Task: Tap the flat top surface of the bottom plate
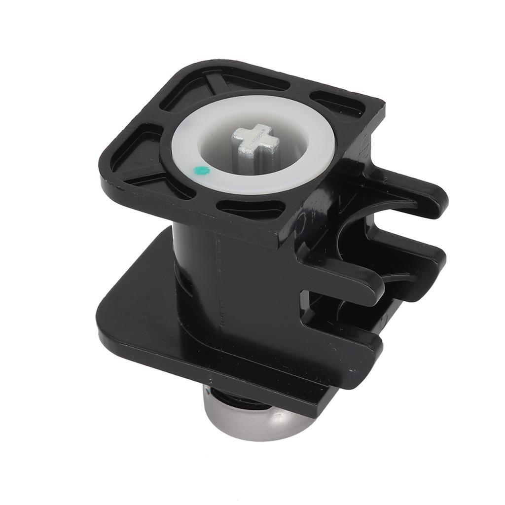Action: click(x=143, y=306)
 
